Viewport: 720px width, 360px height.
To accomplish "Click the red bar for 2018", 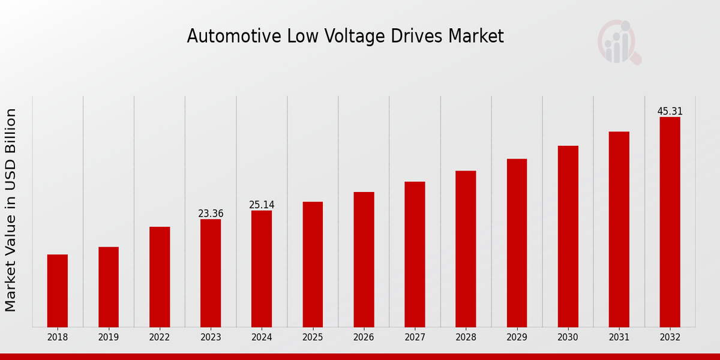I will point(58,291).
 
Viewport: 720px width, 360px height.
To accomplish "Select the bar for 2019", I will point(109,287).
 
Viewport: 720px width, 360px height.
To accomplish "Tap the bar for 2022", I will point(160,277).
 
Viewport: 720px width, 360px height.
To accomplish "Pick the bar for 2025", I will point(313,264).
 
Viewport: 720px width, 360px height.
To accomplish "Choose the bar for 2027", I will point(415,254).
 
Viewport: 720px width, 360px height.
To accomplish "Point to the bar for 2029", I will point(517,243).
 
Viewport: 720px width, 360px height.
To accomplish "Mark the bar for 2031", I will point(619,229).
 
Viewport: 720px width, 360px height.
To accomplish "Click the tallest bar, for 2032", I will point(670,222).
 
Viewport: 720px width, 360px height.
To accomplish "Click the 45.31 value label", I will point(670,112).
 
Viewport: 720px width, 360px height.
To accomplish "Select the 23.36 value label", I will point(211,214).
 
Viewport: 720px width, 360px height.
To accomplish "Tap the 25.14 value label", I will point(262,205).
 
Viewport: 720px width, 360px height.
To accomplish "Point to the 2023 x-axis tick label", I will point(211,338).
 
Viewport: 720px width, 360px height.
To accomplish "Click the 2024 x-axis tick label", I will point(262,338).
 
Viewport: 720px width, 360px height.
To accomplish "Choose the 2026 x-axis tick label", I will point(364,338).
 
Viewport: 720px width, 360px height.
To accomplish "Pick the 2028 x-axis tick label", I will point(466,338).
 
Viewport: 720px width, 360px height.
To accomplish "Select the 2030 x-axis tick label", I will point(568,338).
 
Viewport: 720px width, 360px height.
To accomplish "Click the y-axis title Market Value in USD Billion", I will point(11,210).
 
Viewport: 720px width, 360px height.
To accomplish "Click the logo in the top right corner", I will point(619,42).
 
